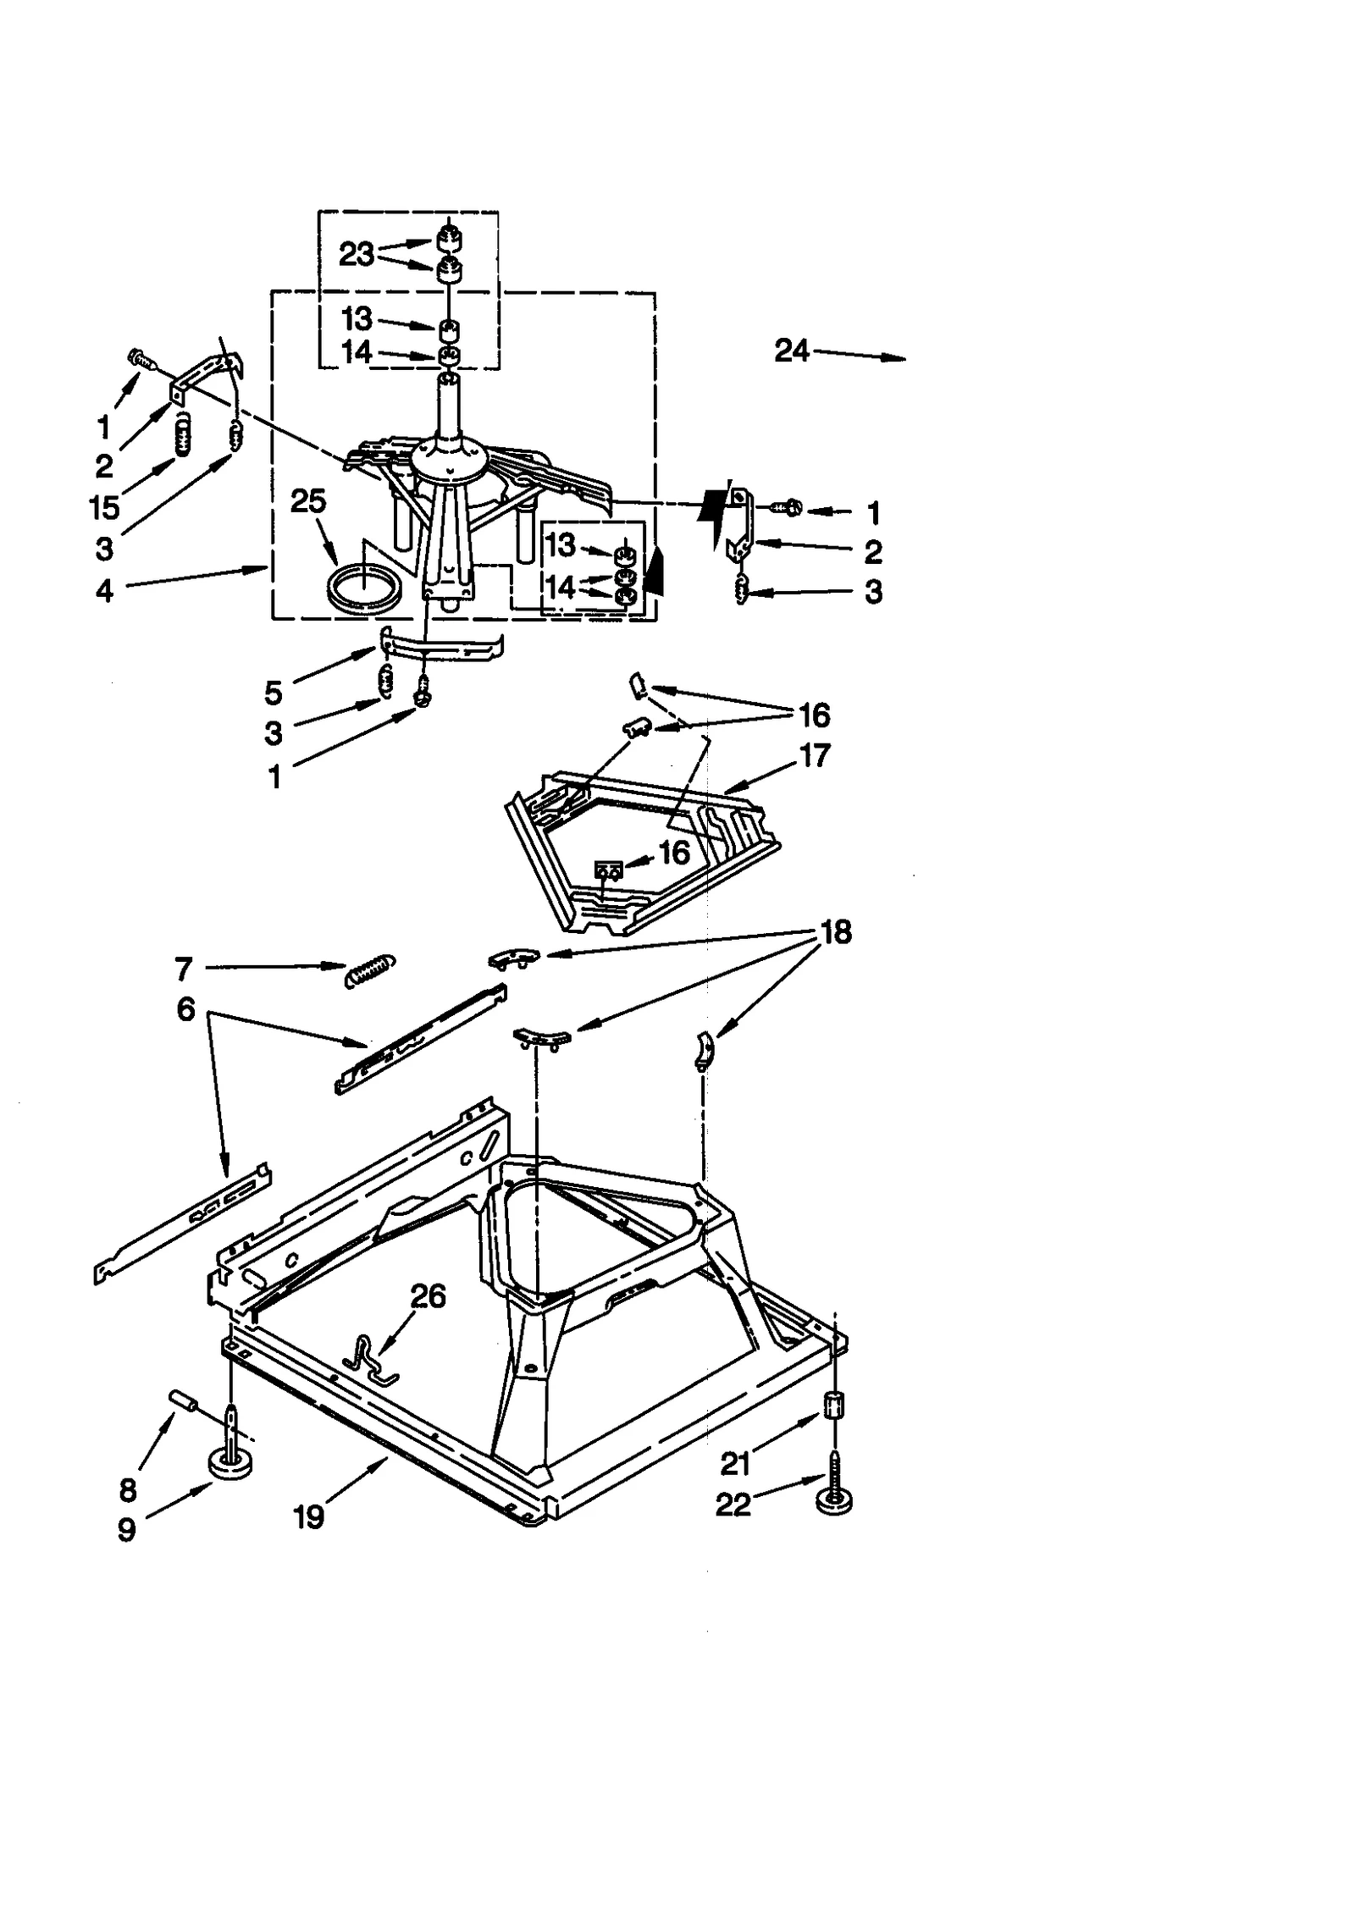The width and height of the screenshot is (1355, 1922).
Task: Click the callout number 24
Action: click(791, 350)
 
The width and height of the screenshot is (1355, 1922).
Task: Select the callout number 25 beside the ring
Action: click(307, 501)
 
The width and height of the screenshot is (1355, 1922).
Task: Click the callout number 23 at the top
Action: click(356, 253)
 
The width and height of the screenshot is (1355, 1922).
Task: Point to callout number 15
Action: click(104, 507)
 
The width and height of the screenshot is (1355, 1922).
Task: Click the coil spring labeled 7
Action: click(369, 970)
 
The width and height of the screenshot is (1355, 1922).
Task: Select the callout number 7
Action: click(184, 968)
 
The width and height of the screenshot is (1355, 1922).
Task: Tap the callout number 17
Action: click(814, 754)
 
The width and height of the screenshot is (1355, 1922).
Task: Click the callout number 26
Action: click(428, 1295)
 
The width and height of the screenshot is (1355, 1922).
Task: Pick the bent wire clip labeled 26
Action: click(373, 1359)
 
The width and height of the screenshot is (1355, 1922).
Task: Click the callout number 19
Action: click(308, 1516)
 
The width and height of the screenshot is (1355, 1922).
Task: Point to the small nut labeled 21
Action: click(833, 1406)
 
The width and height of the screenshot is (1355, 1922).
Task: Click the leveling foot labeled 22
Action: click(834, 1499)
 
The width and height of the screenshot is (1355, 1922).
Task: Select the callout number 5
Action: click(272, 693)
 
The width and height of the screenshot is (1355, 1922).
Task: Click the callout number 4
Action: click(104, 590)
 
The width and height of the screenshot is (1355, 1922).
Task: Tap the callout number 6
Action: click(185, 1009)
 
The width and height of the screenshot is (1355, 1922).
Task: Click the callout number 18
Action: click(835, 932)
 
